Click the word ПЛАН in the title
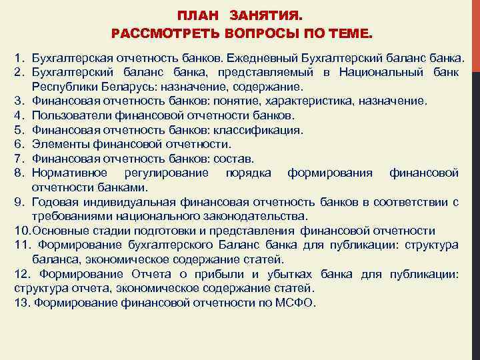point(197,15)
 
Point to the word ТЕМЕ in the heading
point(353,33)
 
